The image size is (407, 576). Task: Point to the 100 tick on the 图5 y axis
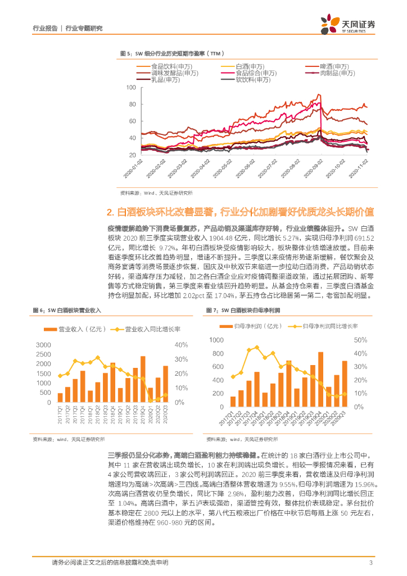(x=132, y=88)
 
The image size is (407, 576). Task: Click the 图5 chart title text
(x=172, y=53)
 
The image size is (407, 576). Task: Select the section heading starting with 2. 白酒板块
(x=240, y=212)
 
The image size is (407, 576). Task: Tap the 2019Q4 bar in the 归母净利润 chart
(x=320, y=379)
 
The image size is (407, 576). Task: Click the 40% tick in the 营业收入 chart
(x=181, y=345)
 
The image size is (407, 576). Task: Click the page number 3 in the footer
(x=370, y=562)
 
